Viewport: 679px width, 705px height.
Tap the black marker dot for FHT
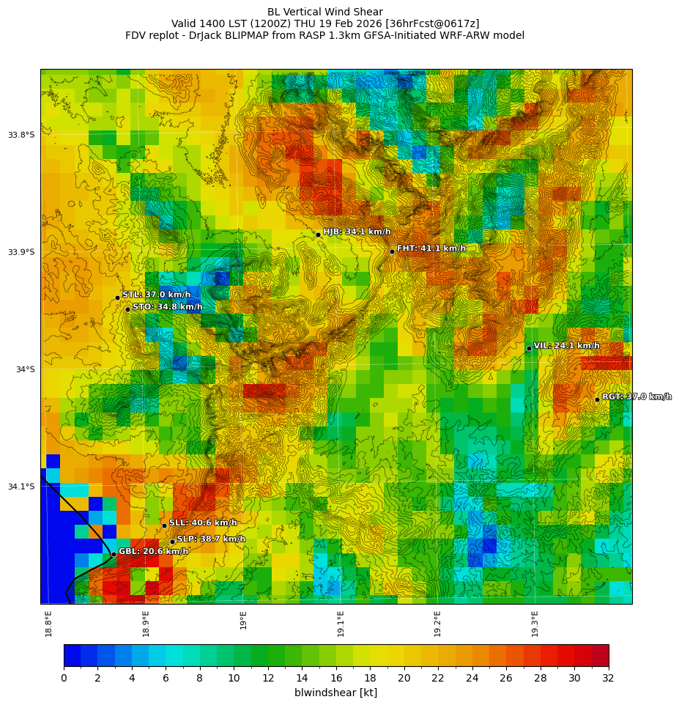click(x=392, y=251)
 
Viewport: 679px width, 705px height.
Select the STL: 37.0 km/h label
click(x=156, y=295)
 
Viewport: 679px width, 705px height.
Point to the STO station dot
click(x=127, y=309)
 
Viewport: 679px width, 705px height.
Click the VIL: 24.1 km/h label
click(x=566, y=346)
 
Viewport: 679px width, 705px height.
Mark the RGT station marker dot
click(x=597, y=399)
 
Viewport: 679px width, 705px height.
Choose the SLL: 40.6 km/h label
click(x=203, y=523)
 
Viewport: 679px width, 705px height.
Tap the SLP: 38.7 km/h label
click(x=211, y=539)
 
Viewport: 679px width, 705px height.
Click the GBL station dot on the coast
click(x=114, y=554)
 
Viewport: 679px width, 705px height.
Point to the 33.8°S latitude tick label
click(x=21, y=135)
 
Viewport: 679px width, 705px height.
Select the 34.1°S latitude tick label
click(x=21, y=487)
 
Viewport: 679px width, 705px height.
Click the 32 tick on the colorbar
click(x=609, y=678)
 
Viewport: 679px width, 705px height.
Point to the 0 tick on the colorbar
click(x=64, y=678)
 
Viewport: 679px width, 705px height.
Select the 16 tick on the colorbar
click(x=336, y=678)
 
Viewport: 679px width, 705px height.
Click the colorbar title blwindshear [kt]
click(x=335, y=693)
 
